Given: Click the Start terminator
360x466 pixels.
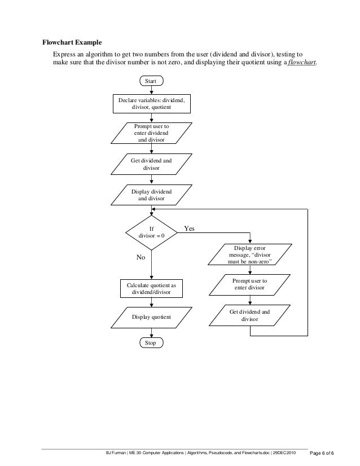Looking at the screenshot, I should pyautogui.click(x=151, y=82).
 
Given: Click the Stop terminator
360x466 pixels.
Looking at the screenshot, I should pyautogui.click(x=151, y=343).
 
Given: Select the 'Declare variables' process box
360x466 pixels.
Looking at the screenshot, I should pyautogui.click(x=151, y=103).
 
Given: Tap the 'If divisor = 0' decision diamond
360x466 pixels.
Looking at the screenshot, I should pyautogui.click(x=151, y=232).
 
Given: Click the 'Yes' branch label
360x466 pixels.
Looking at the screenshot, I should pyautogui.click(x=189, y=229).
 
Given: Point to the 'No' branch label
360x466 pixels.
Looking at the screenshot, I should pyautogui.click(x=141, y=257).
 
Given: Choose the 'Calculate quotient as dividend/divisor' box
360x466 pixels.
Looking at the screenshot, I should pyautogui.click(x=151, y=289).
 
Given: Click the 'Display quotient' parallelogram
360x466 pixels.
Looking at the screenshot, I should pyautogui.click(x=151, y=318).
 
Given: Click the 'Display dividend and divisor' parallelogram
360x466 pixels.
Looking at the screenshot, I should pyautogui.click(x=151, y=195).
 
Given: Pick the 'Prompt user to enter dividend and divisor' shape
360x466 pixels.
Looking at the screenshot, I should pyautogui.click(x=151, y=133).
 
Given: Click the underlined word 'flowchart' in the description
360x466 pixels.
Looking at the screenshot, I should pyautogui.click(x=302, y=62).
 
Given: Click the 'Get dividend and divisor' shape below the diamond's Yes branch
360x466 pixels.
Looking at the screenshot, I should pyautogui.click(x=249, y=315).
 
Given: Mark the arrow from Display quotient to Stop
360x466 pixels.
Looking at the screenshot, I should pyautogui.click(x=151, y=333).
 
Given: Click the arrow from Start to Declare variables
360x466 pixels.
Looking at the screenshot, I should pyautogui.click(x=151, y=90).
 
